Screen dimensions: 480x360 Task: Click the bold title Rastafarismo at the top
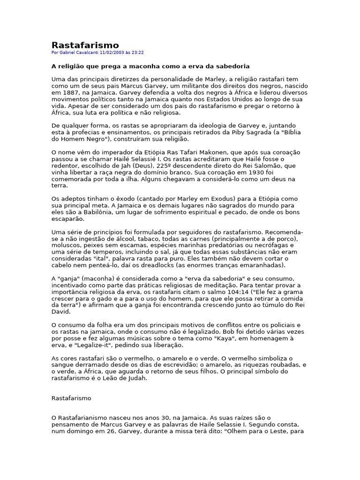coord(85,45)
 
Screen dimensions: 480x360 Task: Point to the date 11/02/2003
coord(111,53)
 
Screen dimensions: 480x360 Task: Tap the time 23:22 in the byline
coord(138,53)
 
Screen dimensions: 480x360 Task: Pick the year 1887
coord(70,93)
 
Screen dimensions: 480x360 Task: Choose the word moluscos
coord(66,245)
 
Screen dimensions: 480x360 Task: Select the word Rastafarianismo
coord(84,418)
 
